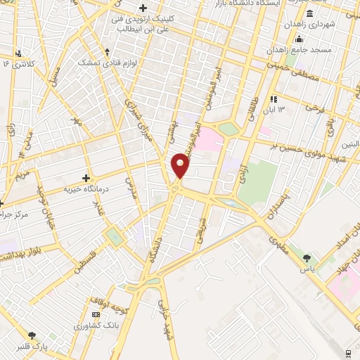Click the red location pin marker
point(181,166)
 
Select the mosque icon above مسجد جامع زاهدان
point(300,39)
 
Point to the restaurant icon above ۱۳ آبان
point(273,99)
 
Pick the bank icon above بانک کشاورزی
point(96,314)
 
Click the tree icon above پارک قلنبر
point(31,335)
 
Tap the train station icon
point(349,353)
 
